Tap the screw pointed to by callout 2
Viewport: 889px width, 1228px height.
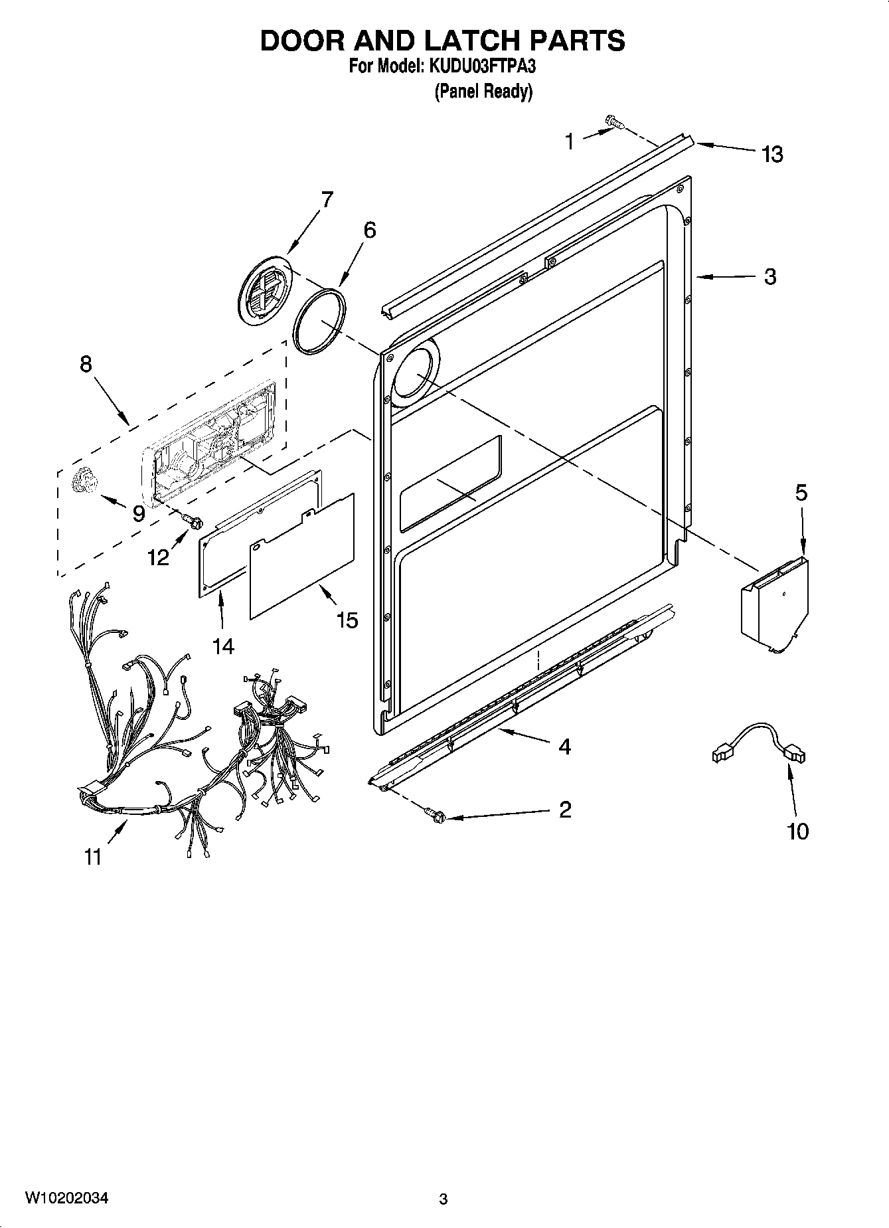436,815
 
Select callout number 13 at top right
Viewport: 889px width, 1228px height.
772,154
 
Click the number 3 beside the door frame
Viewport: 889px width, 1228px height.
769,276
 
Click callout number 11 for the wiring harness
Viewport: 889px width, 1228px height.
93,857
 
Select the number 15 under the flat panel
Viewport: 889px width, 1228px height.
347,620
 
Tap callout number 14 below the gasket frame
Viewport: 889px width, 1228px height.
224,646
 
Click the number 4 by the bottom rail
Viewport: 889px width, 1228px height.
564,747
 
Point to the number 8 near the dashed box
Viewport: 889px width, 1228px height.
86,364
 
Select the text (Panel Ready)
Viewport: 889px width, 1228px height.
483,91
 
